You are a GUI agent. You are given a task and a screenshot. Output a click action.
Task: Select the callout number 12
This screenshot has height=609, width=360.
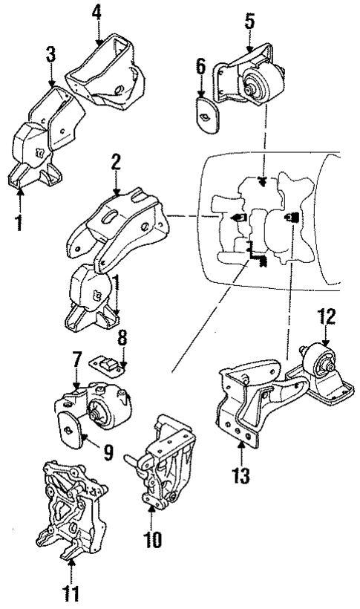[x=325, y=317]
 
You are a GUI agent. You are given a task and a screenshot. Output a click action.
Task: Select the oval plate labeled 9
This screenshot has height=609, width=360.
[x=73, y=430]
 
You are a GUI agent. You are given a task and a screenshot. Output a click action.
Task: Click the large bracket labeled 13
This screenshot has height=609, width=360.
[x=245, y=401]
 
